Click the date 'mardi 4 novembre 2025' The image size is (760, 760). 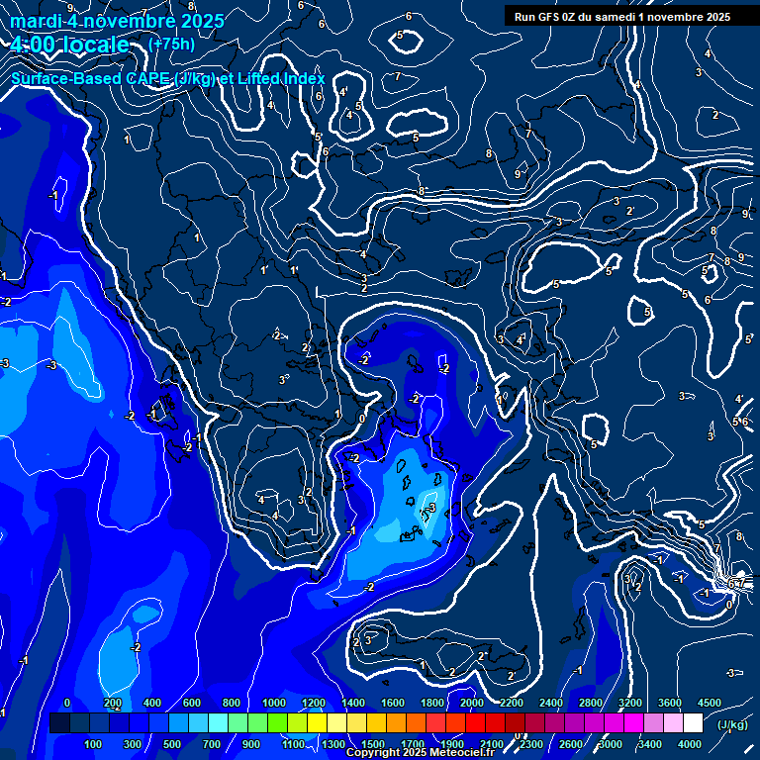click(x=117, y=21)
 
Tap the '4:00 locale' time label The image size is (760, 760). click(x=71, y=45)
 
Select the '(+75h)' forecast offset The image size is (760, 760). click(x=171, y=45)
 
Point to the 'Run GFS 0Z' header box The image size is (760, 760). click(x=622, y=16)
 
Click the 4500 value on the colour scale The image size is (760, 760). click(x=710, y=703)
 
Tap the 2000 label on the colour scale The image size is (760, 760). click(x=473, y=703)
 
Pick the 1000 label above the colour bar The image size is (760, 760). click(x=274, y=703)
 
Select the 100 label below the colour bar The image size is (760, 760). click(x=94, y=744)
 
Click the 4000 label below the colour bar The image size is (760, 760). click(x=691, y=744)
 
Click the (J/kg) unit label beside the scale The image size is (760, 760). click(x=730, y=725)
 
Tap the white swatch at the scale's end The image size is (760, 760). click(x=693, y=723)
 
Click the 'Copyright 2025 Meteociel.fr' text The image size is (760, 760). click(x=421, y=753)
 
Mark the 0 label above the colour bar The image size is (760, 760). click(x=67, y=703)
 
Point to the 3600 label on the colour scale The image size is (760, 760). click(x=670, y=703)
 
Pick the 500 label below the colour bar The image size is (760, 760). click(x=173, y=744)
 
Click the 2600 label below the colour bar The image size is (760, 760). click(x=571, y=744)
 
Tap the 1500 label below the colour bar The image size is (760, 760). click(x=373, y=744)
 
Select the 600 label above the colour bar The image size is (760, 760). click(x=192, y=703)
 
